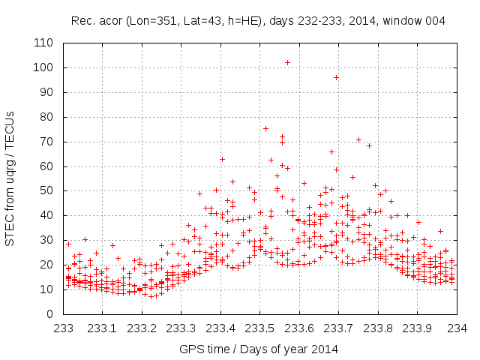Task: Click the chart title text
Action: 259,21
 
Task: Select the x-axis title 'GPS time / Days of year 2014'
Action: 259,349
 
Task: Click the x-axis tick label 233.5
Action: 260,327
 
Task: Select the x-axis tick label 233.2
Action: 142,327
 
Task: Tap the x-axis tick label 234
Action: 457,327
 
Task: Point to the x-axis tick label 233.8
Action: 378,327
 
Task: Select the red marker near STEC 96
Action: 337,77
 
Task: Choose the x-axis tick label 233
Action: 64,327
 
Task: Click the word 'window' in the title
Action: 406,21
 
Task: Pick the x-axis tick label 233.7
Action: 339,327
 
